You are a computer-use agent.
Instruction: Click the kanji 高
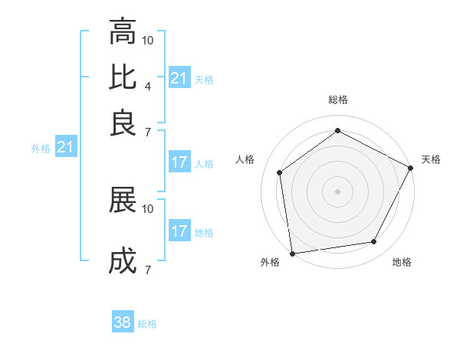123,32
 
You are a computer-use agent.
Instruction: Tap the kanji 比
123,77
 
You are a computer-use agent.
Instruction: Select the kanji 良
123,123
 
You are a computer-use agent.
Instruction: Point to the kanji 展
123,201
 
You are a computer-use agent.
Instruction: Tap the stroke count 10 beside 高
148,40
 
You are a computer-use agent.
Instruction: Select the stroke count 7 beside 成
147,269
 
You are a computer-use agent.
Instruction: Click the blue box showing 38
123,322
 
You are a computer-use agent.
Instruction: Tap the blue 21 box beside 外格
65,147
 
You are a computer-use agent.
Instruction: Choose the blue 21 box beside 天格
179,78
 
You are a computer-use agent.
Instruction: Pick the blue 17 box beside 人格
179,162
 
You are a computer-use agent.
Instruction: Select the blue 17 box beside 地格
179,231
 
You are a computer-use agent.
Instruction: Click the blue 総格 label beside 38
147,324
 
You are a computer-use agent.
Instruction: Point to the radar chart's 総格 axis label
338,100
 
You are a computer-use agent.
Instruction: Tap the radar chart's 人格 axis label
245,159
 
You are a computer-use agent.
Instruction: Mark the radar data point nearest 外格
292,253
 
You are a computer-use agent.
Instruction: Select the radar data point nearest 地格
374,242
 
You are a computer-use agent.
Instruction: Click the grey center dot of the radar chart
337,191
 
